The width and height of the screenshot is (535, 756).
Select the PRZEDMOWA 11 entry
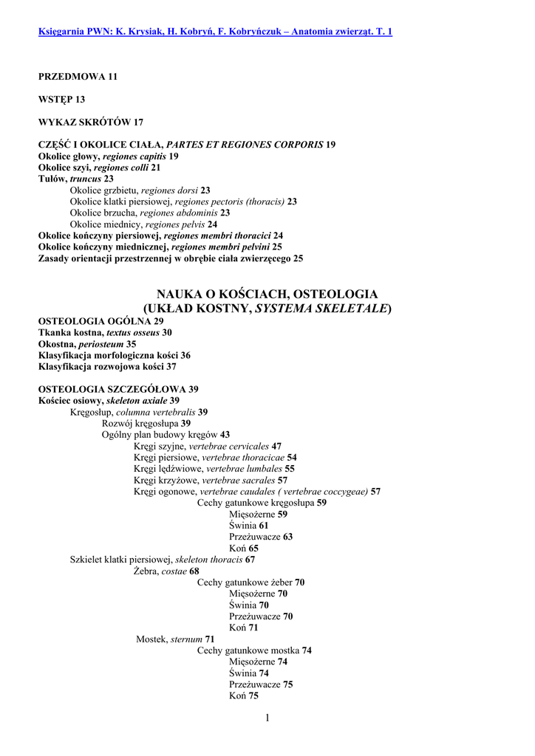(78, 76)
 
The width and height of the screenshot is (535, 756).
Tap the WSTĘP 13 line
(62, 99)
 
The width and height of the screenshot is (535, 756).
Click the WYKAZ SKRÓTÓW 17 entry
(90, 122)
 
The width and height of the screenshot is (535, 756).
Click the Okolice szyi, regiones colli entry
(99, 168)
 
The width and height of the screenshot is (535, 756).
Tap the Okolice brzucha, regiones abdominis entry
(149, 213)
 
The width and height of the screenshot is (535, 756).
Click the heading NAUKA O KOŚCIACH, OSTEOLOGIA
(267, 294)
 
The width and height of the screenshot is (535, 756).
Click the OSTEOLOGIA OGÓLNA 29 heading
(100, 321)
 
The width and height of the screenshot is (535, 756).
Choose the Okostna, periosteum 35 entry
(87, 343)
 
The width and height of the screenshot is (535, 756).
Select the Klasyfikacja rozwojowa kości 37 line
(107, 366)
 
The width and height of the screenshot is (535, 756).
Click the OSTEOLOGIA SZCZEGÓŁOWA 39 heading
(118, 389)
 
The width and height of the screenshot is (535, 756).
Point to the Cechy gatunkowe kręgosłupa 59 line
(262, 503)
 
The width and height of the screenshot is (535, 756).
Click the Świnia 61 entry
(249, 526)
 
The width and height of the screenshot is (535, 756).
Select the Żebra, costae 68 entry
(166, 571)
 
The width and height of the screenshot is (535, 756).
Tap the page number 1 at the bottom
(267, 718)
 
